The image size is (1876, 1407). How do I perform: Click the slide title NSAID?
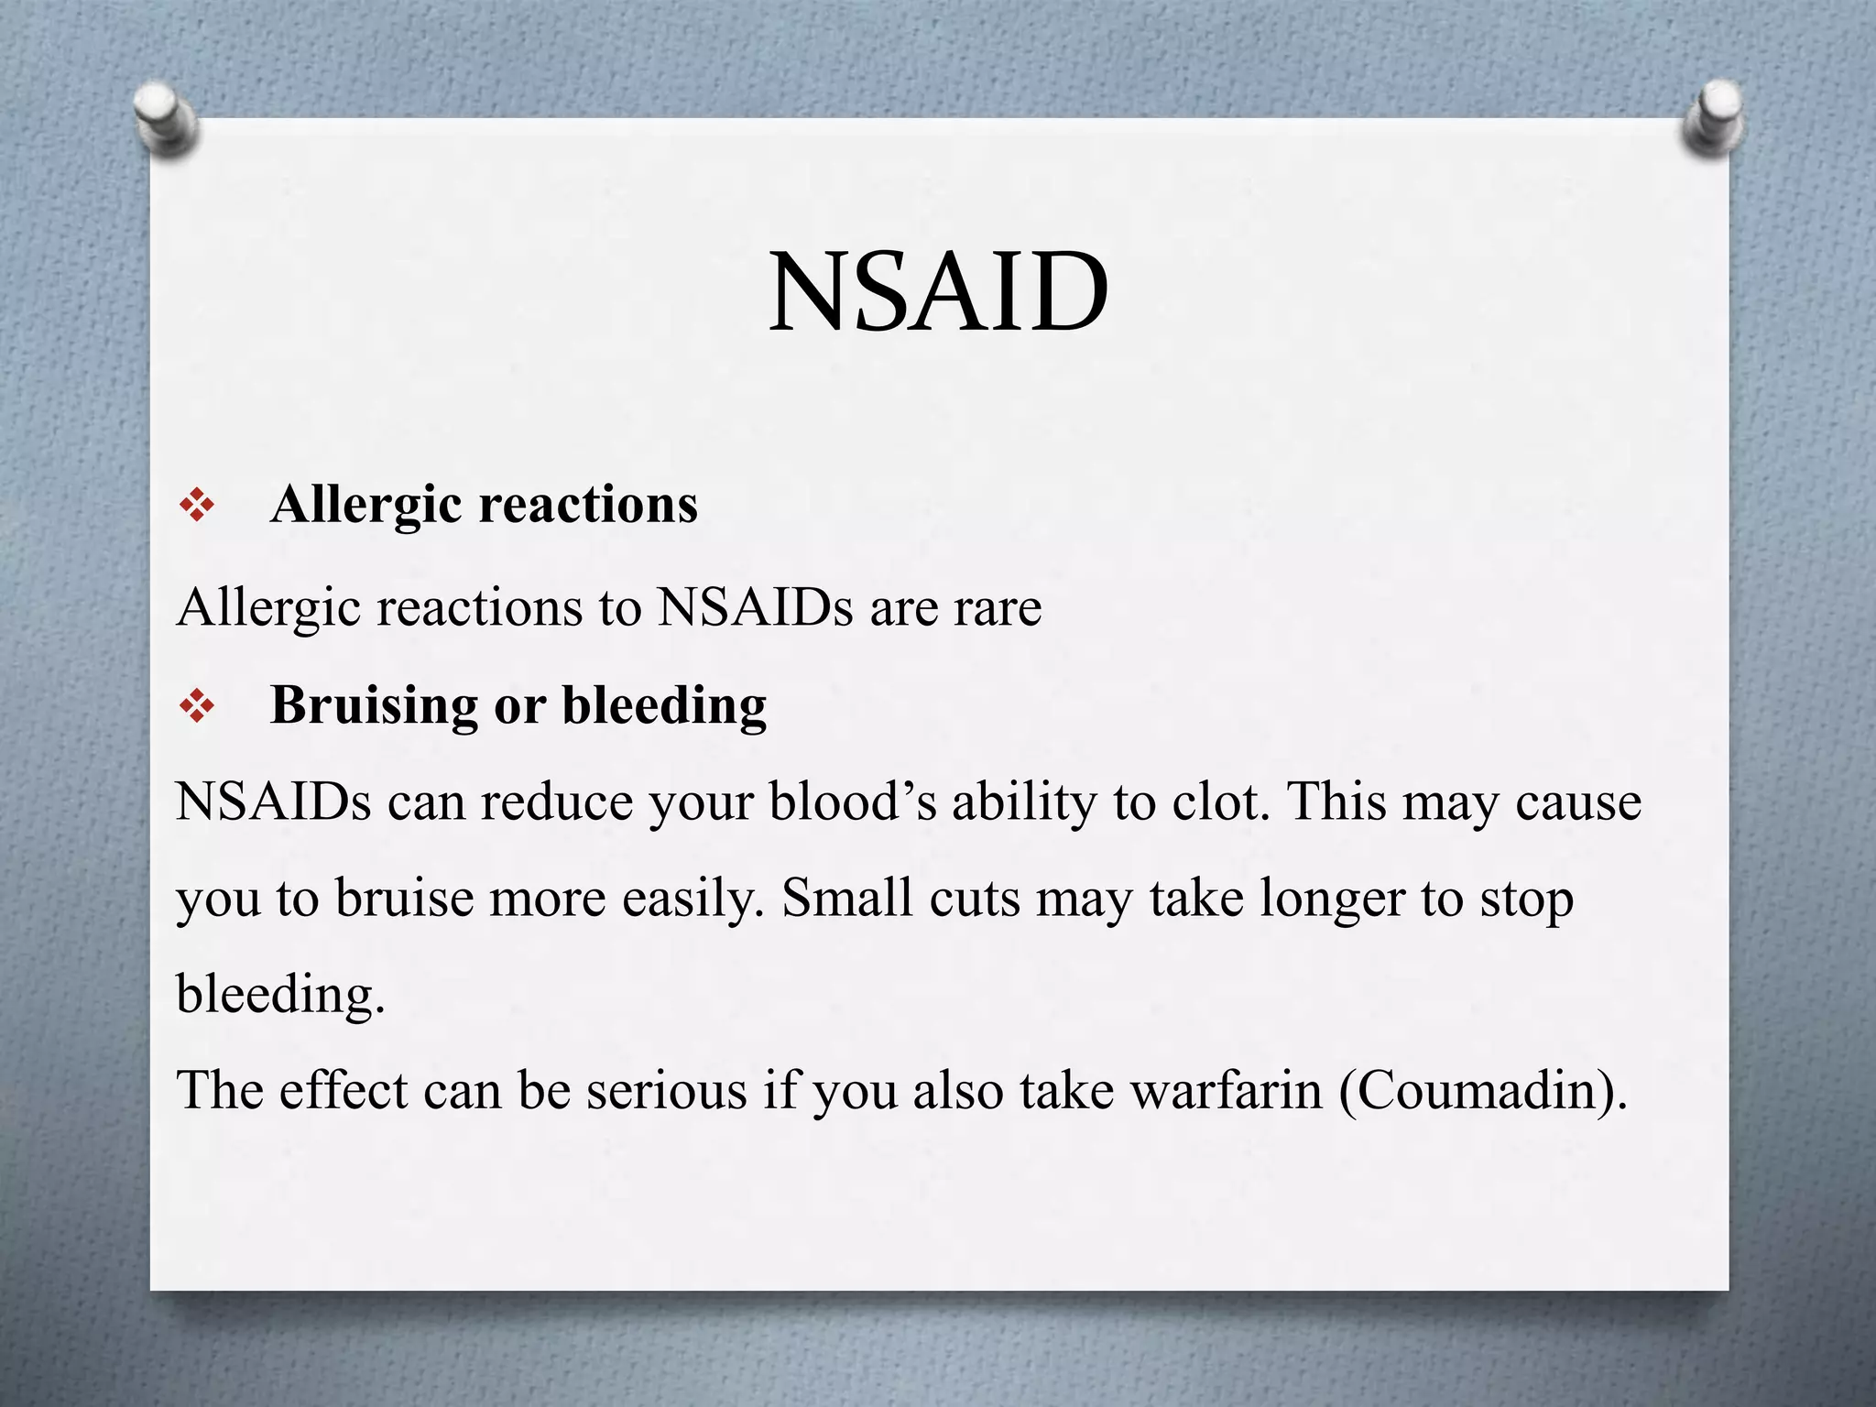click(x=938, y=292)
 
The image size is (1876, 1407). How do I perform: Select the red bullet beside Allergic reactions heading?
click(x=197, y=505)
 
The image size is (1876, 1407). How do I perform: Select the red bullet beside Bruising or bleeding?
click(x=197, y=705)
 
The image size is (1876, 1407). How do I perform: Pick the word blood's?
click(x=852, y=802)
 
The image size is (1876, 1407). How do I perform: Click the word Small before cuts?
click(x=847, y=898)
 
